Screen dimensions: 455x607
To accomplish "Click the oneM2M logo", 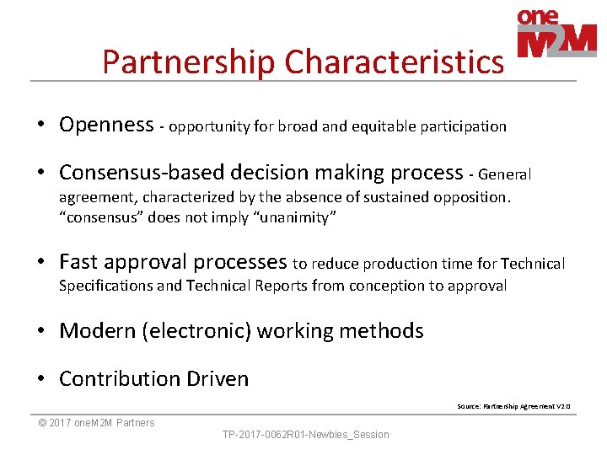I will tap(556, 34).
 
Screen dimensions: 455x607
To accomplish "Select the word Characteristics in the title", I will tap(395, 62).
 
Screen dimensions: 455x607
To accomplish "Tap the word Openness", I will tap(106, 125).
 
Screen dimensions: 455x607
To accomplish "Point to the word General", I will tap(504, 174).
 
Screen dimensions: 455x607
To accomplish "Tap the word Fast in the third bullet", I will tap(81, 262).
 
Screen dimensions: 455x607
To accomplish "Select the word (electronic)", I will tap(199, 331).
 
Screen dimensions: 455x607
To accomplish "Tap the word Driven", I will tap(221, 379).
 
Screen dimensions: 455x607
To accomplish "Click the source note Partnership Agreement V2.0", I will tap(513, 406).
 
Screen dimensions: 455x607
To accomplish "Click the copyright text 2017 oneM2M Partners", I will tap(97, 423).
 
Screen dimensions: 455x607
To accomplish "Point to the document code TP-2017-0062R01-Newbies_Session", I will tap(305, 435).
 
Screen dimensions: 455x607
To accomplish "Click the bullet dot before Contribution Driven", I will tap(40, 379).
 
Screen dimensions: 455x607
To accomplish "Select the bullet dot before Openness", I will tap(40, 125).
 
